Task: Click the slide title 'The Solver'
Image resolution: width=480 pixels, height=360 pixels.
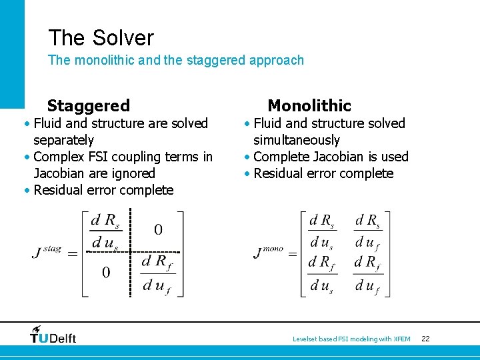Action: (101, 37)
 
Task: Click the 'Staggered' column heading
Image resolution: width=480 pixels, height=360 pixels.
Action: (88, 105)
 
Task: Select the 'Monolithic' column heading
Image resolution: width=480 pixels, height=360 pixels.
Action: (309, 105)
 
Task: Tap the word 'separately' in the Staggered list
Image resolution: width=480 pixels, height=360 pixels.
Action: (63, 140)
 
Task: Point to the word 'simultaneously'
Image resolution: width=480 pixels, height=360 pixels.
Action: (296, 140)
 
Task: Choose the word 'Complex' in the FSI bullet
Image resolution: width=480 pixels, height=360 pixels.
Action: (57, 157)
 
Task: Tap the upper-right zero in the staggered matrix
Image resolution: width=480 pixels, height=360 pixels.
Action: (158, 230)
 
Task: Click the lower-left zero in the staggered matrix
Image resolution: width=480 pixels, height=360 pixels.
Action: (105, 273)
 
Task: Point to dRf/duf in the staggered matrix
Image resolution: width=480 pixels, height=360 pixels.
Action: (158, 273)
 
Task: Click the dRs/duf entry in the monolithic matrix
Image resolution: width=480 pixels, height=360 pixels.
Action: (368, 231)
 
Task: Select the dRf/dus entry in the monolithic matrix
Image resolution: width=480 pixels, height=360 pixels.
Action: (322, 273)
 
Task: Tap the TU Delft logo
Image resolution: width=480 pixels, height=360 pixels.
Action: (53, 335)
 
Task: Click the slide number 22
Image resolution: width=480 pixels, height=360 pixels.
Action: (425, 339)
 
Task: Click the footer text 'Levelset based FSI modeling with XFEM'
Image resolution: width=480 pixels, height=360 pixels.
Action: (351, 339)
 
